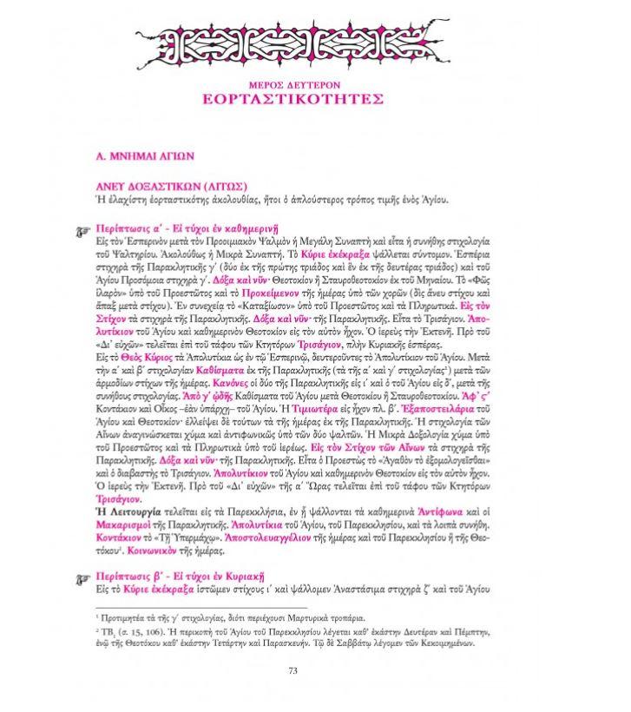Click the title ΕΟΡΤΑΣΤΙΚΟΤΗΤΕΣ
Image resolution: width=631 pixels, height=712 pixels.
(316, 98)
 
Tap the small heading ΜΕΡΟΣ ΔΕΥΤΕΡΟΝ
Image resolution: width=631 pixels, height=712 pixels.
(316, 82)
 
